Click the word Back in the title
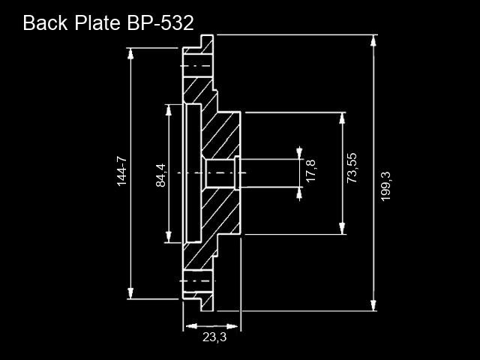click(x=45, y=22)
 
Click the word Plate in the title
click(x=97, y=22)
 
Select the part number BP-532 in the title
click(x=160, y=23)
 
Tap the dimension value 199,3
click(x=385, y=186)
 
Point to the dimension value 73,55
click(x=352, y=168)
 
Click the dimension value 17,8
click(x=310, y=170)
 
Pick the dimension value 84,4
click(x=160, y=175)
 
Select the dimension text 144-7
click(x=121, y=171)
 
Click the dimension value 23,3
click(x=214, y=337)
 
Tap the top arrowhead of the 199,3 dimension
click(x=373, y=40)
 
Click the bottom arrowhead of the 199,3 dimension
click(x=373, y=305)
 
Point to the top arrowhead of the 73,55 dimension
click(x=342, y=118)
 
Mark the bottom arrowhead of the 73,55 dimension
click(x=343, y=229)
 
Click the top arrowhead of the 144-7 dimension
click(x=130, y=54)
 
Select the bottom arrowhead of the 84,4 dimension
click(x=168, y=237)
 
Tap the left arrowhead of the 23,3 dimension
click(x=191, y=326)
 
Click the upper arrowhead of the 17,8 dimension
click(x=299, y=153)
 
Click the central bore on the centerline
click(x=220, y=173)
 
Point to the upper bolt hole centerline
click(x=196, y=66)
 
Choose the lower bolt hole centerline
click(x=197, y=280)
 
